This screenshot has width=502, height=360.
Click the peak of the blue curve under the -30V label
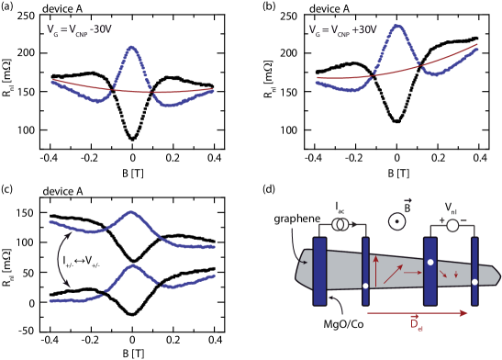[x=131, y=47]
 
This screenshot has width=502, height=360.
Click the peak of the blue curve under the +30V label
[x=397, y=26]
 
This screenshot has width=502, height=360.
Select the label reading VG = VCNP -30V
[x=79, y=30]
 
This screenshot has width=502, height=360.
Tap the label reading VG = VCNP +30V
[x=342, y=30]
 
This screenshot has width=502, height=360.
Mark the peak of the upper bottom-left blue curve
[x=131, y=212]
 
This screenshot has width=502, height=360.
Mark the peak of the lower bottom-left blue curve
[x=134, y=266]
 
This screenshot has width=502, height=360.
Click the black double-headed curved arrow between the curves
[x=61, y=258]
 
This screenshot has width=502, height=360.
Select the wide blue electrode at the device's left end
[x=319, y=271]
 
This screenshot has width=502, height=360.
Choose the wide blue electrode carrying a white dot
[x=429, y=271]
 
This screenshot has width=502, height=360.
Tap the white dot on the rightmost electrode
[x=474, y=282]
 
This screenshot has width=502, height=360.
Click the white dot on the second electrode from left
[x=365, y=286]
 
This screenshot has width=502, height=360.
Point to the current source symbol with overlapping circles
[x=340, y=223]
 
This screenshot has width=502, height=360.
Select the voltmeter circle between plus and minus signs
[x=452, y=225]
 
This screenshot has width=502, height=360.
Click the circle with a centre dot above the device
[x=397, y=221]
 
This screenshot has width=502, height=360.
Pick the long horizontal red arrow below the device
[x=418, y=313]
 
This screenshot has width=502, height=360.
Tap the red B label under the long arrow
[x=416, y=324]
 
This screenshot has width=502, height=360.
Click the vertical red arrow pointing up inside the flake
[x=377, y=273]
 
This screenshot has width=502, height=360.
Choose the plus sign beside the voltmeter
[x=441, y=220]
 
